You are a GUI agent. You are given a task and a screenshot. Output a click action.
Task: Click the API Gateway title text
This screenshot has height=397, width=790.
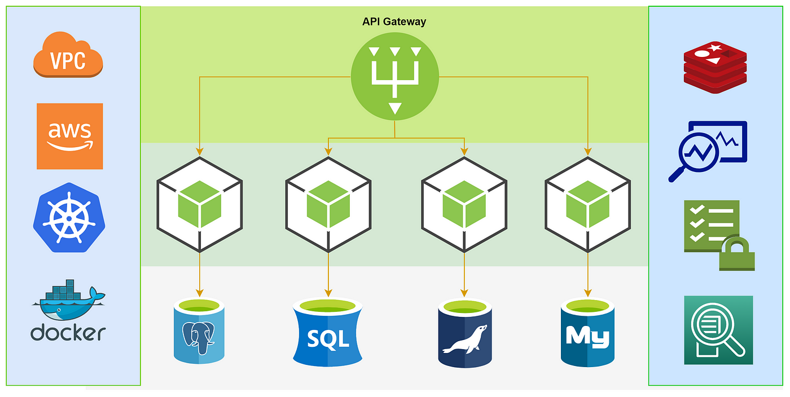[394, 22]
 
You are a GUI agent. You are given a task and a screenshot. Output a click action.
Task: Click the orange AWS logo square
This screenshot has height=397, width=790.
[69, 136]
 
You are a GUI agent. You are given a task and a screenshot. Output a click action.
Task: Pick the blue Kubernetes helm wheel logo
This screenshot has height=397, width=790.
[69, 218]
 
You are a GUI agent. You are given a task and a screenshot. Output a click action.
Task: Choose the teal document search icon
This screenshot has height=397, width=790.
[718, 330]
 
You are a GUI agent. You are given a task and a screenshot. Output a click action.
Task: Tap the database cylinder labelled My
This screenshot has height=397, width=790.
[587, 334]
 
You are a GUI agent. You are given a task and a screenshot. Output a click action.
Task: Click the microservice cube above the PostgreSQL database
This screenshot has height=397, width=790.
[199, 204]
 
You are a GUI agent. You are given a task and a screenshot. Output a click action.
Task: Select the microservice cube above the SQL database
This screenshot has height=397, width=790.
[328, 204]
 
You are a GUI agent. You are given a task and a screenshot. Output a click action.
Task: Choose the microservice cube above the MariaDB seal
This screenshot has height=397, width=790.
[464, 204]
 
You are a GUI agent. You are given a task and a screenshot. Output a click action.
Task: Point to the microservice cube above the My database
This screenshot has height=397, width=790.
[587, 204]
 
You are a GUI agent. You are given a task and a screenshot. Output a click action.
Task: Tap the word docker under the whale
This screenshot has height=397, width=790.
[68, 332]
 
